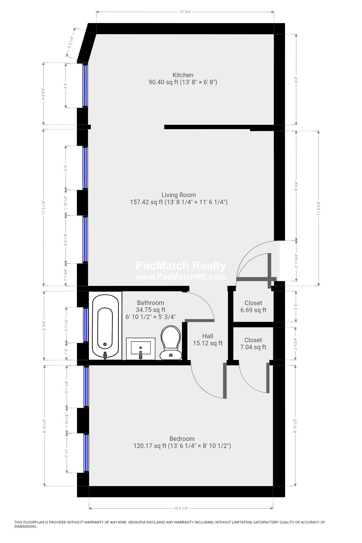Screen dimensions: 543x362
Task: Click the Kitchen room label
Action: coord(183,75)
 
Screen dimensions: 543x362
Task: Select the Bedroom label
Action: coord(182,439)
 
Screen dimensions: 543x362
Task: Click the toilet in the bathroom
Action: coord(171,343)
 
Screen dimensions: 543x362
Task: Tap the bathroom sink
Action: coord(141,348)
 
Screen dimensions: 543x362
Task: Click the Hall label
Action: coord(208,336)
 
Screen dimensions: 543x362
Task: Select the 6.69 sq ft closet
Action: coord(253,307)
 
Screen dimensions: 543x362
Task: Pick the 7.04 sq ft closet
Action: coord(253,344)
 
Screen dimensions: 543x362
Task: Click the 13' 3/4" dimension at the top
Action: coord(185,12)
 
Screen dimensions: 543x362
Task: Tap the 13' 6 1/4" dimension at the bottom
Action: coord(181,508)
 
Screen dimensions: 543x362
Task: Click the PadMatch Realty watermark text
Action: coord(181,266)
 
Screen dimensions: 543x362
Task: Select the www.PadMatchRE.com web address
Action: coord(181,277)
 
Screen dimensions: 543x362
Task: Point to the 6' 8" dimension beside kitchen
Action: coord(296,80)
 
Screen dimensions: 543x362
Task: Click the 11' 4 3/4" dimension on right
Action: coord(318,209)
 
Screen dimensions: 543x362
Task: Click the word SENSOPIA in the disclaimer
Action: coord(138,522)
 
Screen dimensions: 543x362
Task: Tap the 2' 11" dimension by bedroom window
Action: coord(67,453)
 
